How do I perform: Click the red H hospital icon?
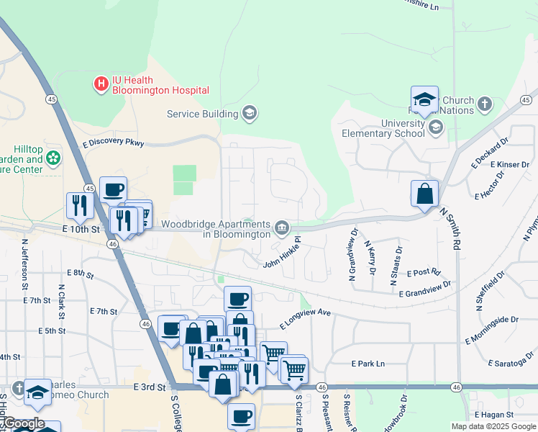click(x=101, y=84)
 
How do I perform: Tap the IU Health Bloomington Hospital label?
click(x=160, y=85)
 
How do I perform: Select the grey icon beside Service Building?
click(x=250, y=113)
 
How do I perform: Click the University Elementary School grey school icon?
click(x=435, y=128)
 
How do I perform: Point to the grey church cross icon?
click(x=485, y=105)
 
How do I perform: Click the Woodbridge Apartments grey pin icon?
click(x=282, y=229)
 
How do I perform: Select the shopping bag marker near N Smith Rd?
click(x=424, y=194)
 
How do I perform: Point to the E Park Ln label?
click(x=368, y=364)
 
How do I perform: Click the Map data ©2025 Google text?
click(x=493, y=426)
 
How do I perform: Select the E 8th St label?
click(x=81, y=273)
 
